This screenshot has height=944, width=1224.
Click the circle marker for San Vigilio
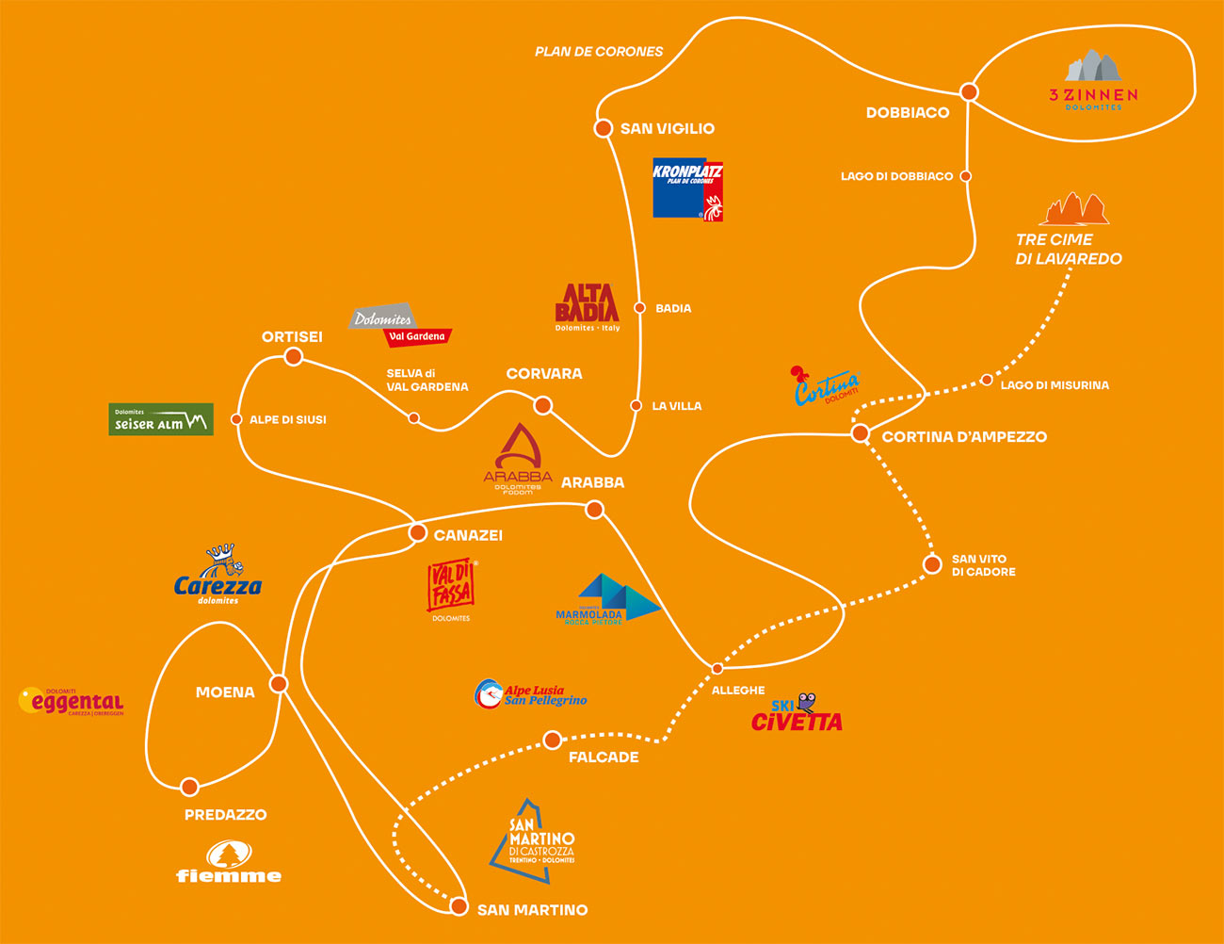click(604, 127)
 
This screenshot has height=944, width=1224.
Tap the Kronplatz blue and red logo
click(688, 188)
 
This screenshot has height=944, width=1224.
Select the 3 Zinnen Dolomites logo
click(1093, 81)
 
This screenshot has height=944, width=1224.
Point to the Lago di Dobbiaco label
click(896, 176)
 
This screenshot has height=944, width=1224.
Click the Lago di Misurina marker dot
click(987, 380)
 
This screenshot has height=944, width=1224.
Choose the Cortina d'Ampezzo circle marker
click(861, 433)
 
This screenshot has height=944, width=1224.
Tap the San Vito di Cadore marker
click(932, 564)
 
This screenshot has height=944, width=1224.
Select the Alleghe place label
click(738, 691)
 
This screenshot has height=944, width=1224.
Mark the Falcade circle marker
click(553, 741)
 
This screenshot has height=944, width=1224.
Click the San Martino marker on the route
click(459, 906)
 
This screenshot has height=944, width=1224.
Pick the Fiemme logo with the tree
click(229, 862)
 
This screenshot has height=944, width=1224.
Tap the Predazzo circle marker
click(189, 787)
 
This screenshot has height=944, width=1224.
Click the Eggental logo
click(72, 702)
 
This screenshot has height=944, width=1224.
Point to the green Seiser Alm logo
click(161, 420)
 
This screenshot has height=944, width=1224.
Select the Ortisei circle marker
click(294, 356)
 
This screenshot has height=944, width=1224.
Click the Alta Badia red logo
click(588, 307)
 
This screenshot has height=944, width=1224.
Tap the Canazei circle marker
click(418, 533)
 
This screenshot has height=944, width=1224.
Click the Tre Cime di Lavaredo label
click(1069, 249)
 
